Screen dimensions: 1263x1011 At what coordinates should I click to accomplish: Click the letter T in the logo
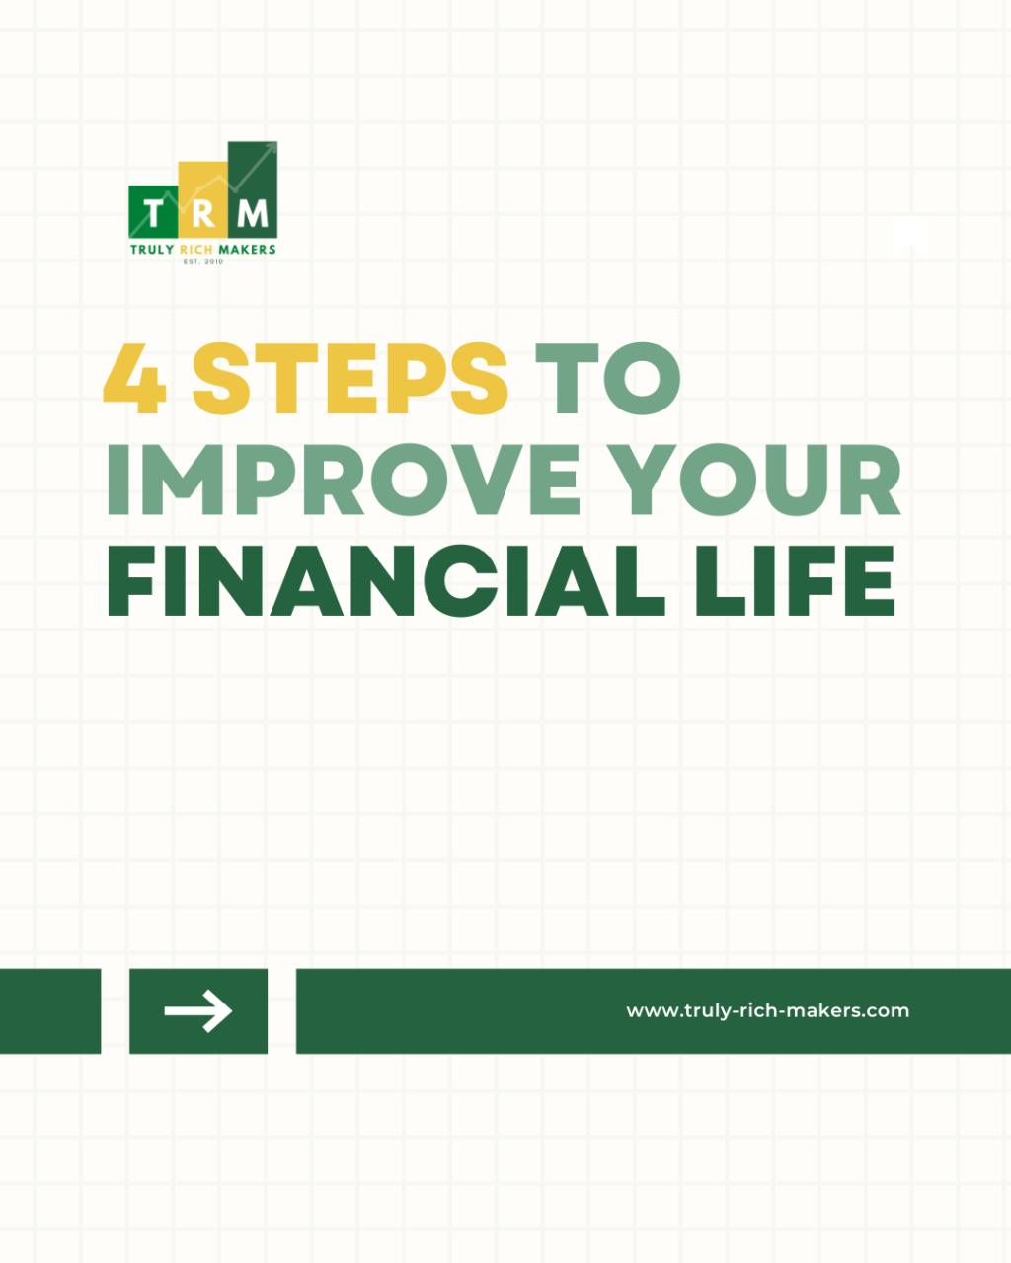(x=153, y=213)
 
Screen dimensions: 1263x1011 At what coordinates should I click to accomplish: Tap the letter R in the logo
(x=202, y=213)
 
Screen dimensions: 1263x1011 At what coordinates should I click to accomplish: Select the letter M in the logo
(x=253, y=213)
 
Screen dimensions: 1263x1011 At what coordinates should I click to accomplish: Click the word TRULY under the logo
(x=152, y=250)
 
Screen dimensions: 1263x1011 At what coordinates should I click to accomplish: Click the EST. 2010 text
(x=203, y=261)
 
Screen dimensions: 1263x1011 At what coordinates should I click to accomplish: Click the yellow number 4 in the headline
(x=134, y=380)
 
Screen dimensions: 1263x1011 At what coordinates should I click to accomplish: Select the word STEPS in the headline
(x=350, y=380)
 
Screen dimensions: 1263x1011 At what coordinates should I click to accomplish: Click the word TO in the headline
(x=607, y=380)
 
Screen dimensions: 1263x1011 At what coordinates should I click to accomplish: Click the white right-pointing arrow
(x=198, y=1011)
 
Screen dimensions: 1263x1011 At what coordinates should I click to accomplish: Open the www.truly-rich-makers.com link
(x=767, y=1011)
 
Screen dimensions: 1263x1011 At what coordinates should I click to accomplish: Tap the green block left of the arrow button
(x=49, y=1011)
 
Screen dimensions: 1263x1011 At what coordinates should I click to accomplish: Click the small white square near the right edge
(x=909, y=236)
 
